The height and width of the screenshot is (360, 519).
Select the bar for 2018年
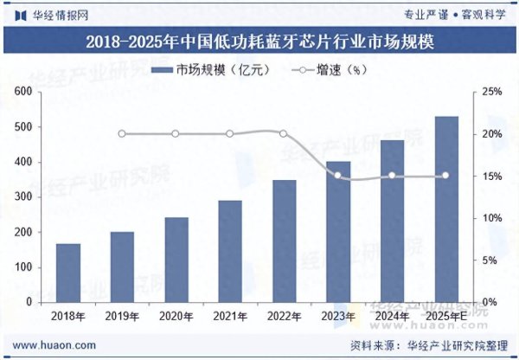pos(68,273)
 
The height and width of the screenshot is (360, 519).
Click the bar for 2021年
pos(230,251)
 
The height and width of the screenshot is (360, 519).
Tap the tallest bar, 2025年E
pos(446,209)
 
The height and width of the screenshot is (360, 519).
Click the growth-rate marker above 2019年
pos(122,134)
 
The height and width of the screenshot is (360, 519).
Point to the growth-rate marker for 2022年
pos(284,134)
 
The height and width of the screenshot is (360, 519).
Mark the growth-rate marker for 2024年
pos(392,176)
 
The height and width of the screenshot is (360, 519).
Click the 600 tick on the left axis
pos(24,92)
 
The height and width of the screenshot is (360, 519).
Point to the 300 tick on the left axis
pos(24,197)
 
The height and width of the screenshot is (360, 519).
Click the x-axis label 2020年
pos(176,316)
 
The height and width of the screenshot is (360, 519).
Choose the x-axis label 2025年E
pos(446,316)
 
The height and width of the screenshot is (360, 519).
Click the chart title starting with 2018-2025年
pos(259,42)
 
